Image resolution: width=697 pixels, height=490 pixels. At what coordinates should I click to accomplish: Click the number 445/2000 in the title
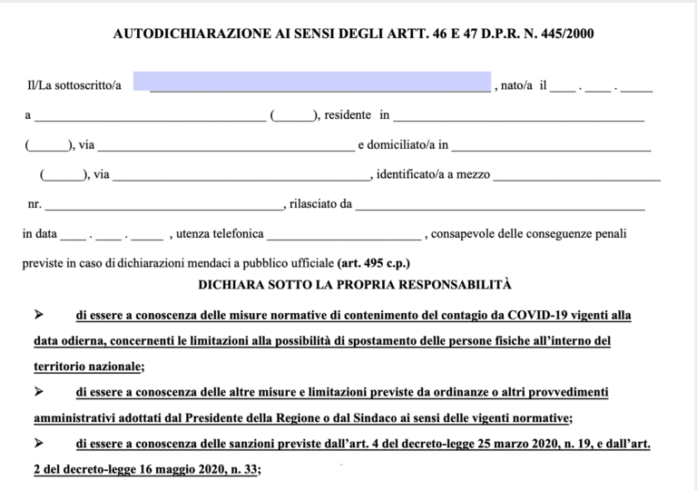[x=569, y=34]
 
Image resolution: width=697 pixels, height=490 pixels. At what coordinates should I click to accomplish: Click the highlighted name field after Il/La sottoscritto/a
[x=311, y=82]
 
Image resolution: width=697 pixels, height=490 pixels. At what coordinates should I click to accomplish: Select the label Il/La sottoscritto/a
[x=74, y=86]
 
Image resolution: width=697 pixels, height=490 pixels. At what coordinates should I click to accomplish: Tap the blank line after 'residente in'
[x=518, y=117]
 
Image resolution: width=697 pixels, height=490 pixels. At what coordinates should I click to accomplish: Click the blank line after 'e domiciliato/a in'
[x=551, y=146]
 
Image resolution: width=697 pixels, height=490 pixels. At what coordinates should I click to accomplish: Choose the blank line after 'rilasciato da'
[x=500, y=205]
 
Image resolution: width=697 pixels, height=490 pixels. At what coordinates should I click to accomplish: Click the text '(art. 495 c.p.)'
[x=373, y=264]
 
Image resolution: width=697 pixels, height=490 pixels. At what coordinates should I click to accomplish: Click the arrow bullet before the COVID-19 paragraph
[x=39, y=315]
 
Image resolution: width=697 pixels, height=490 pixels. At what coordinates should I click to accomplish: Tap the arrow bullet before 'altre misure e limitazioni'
[x=39, y=392]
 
